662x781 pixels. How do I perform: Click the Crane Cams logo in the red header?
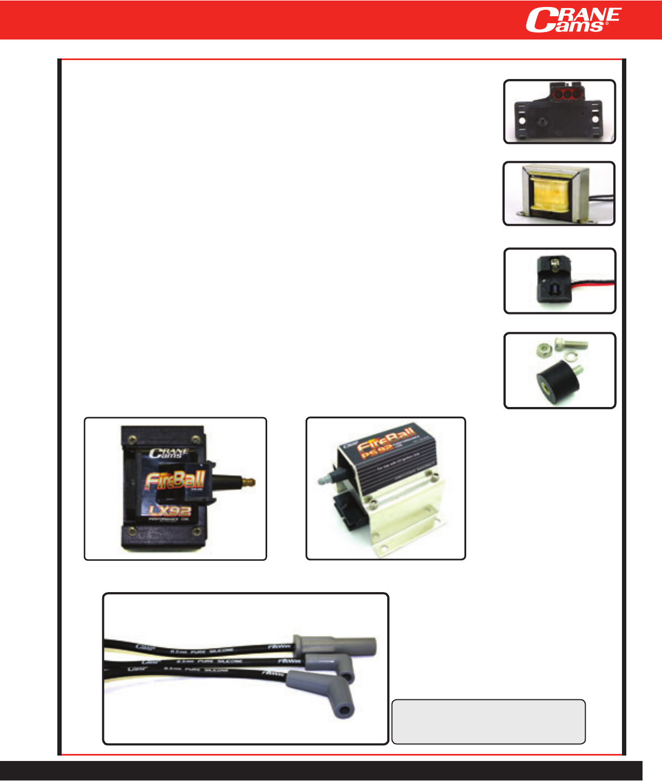(x=573, y=20)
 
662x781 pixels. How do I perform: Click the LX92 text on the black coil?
(x=169, y=510)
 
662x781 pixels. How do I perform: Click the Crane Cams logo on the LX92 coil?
(x=169, y=453)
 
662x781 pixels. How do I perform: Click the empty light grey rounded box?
(x=488, y=721)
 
